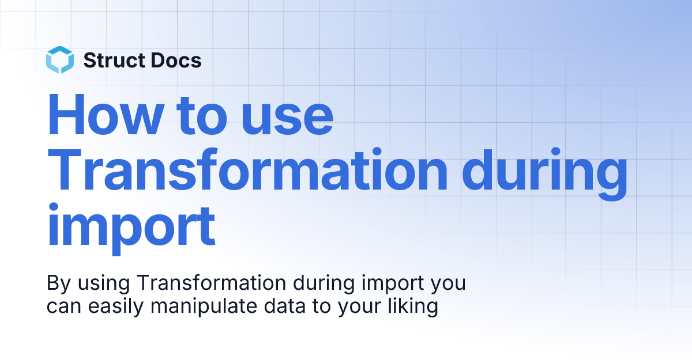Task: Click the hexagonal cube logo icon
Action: pyautogui.click(x=60, y=60)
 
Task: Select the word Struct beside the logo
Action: pyautogui.click(x=114, y=60)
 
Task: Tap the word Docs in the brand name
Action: pyautogui.click(x=176, y=60)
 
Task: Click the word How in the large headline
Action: pyautogui.click(x=106, y=114)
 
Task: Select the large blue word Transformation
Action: pyautogui.click(x=247, y=169)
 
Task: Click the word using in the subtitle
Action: pyautogui.click(x=104, y=284)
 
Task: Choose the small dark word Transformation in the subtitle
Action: pyautogui.click(x=212, y=282)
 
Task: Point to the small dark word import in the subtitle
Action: pyautogui.click(x=393, y=284)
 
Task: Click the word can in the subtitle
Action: pyautogui.click(x=64, y=307)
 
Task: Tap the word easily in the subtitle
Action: pyautogui.click(x=116, y=307)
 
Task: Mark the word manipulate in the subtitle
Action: pyautogui.click(x=204, y=307)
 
